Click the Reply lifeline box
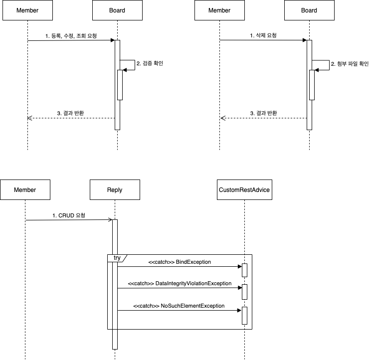click(x=115, y=190)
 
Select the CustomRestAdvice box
click(x=244, y=190)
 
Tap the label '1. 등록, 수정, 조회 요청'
click(x=71, y=36)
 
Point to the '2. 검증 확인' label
click(x=150, y=63)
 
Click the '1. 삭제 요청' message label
click(x=263, y=36)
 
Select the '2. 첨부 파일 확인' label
click(x=350, y=64)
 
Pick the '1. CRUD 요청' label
click(x=69, y=215)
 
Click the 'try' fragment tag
click(x=117, y=258)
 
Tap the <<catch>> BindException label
click(x=180, y=262)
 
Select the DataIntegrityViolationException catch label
click(x=180, y=283)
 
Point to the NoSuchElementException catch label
click(x=180, y=306)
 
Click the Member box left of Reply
click(x=25, y=190)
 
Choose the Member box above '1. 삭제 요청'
click(x=219, y=10)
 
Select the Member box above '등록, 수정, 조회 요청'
click(x=27, y=10)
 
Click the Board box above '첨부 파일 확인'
click(x=309, y=10)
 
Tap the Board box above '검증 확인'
click(x=117, y=10)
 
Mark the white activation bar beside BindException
click(x=244, y=270)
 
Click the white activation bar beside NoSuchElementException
click(x=244, y=315)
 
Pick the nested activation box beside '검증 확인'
click(x=120, y=85)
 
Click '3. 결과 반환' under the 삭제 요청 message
click(x=263, y=113)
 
